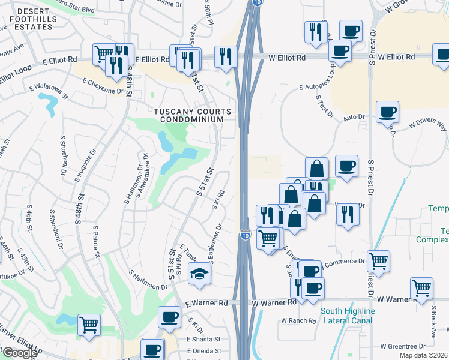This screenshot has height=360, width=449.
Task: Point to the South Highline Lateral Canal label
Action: tap(348, 316)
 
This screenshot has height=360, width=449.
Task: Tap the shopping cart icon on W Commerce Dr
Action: tap(378, 261)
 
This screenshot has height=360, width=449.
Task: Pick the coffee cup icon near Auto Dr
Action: tap(387, 111)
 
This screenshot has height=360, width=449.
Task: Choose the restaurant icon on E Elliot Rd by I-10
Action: tap(226, 57)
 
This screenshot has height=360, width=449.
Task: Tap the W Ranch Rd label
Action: tap(299, 321)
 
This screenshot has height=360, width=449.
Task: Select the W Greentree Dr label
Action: tap(402, 346)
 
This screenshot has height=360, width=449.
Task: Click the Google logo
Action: tap(19, 353)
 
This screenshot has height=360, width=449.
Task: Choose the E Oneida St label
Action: tap(204, 351)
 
